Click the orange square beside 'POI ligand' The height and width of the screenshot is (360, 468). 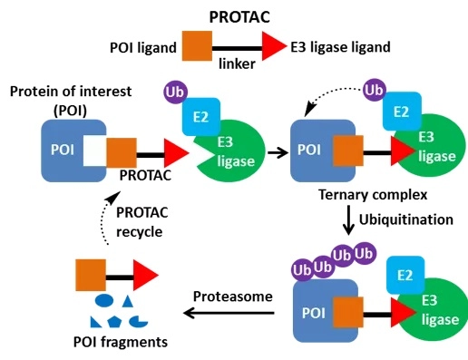click(198, 45)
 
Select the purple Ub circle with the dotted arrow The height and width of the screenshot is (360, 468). click(372, 91)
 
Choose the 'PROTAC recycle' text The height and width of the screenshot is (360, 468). click(139, 221)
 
